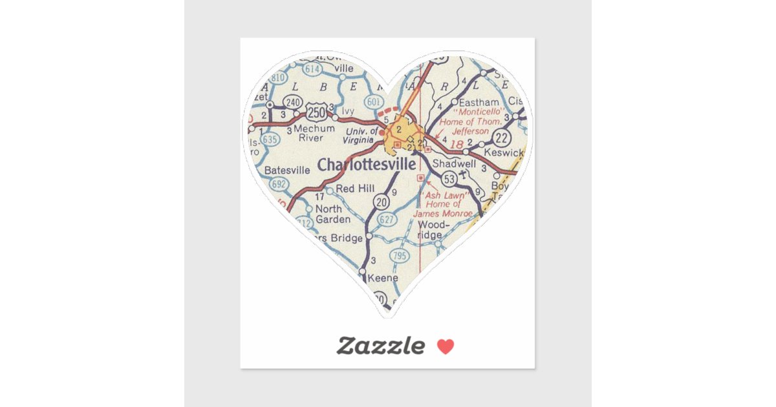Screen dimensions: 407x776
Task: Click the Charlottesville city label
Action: point(366,165)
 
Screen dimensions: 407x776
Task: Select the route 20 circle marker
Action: point(382,202)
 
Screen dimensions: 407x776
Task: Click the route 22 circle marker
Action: point(502,137)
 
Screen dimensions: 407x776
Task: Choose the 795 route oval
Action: point(400,255)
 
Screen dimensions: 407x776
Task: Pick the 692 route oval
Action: point(279,184)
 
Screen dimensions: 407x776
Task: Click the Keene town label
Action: point(383,278)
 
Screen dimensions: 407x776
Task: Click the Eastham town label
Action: point(479,102)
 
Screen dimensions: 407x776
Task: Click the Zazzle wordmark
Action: point(380,346)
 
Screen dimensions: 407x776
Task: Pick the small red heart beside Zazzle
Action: point(446,347)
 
